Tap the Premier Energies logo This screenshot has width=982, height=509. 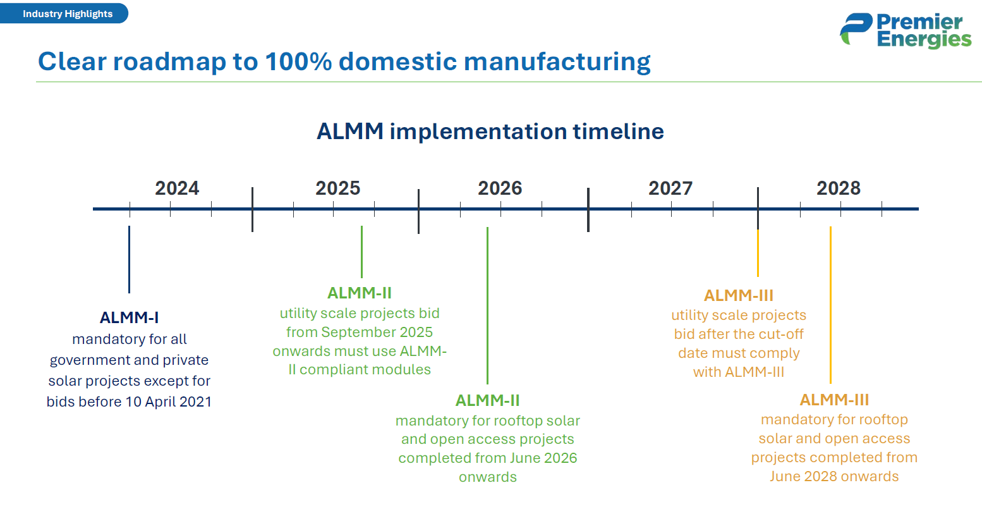(x=906, y=30)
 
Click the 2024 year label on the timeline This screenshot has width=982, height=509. (x=177, y=188)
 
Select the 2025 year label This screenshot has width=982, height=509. (x=338, y=188)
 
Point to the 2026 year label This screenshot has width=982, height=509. (x=500, y=188)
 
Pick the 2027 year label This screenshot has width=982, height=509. (x=670, y=188)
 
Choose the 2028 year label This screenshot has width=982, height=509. (x=839, y=188)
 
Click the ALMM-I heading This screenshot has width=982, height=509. (x=130, y=317)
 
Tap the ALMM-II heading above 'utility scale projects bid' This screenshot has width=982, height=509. (x=360, y=293)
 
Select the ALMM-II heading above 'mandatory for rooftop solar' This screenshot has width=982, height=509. (x=487, y=401)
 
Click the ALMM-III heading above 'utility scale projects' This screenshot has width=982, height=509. (x=739, y=296)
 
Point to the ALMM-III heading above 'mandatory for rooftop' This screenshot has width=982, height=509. (x=834, y=400)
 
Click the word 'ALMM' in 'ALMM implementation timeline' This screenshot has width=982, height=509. (x=350, y=132)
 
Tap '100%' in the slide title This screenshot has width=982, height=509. (x=298, y=61)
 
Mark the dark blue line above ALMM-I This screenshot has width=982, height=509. (x=130, y=259)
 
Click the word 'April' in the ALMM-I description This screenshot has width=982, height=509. (x=160, y=402)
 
